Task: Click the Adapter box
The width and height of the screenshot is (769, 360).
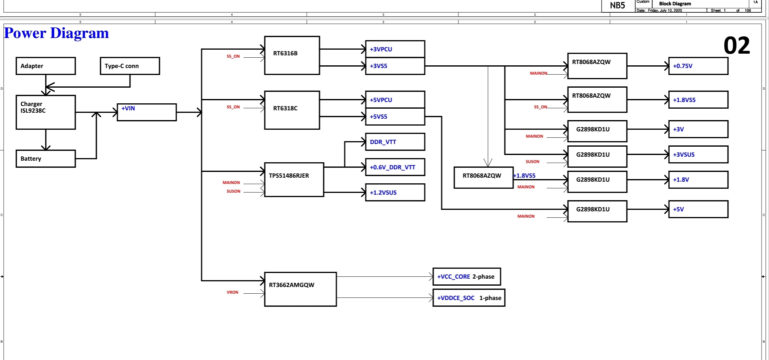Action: click(x=46, y=66)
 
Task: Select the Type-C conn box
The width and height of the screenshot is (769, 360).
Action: click(x=130, y=66)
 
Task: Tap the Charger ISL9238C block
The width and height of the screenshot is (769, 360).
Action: click(x=46, y=112)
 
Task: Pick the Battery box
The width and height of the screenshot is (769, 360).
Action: click(x=46, y=159)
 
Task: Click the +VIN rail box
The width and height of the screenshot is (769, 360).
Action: click(x=147, y=112)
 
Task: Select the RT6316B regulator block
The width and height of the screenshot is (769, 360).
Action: click(x=292, y=55)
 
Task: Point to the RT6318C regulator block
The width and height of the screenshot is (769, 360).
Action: click(x=292, y=110)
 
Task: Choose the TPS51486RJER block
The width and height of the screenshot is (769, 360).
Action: click(x=294, y=180)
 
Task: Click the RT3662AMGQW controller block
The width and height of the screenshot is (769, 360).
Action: click(x=300, y=289)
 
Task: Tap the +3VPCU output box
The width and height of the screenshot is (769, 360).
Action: click(x=395, y=49)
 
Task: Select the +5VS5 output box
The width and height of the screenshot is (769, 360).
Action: click(x=395, y=117)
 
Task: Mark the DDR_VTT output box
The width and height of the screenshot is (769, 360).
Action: click(x=395, y=142)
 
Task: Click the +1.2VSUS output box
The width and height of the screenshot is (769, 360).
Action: click(x=395, y=193)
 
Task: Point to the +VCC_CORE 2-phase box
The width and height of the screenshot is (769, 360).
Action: click(x=466, y=277)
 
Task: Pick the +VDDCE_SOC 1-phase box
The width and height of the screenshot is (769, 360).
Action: click(x=469, y=298)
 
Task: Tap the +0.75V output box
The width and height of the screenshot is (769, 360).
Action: click(x=698, y=66)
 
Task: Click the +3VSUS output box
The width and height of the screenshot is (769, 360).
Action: click(x=698, y=155)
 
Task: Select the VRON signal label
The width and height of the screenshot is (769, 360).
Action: click(x=233, y=292)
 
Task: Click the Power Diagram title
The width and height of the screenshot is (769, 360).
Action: click(x=56, y=33)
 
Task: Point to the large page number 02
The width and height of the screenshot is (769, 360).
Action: click(x=737, y=46)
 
